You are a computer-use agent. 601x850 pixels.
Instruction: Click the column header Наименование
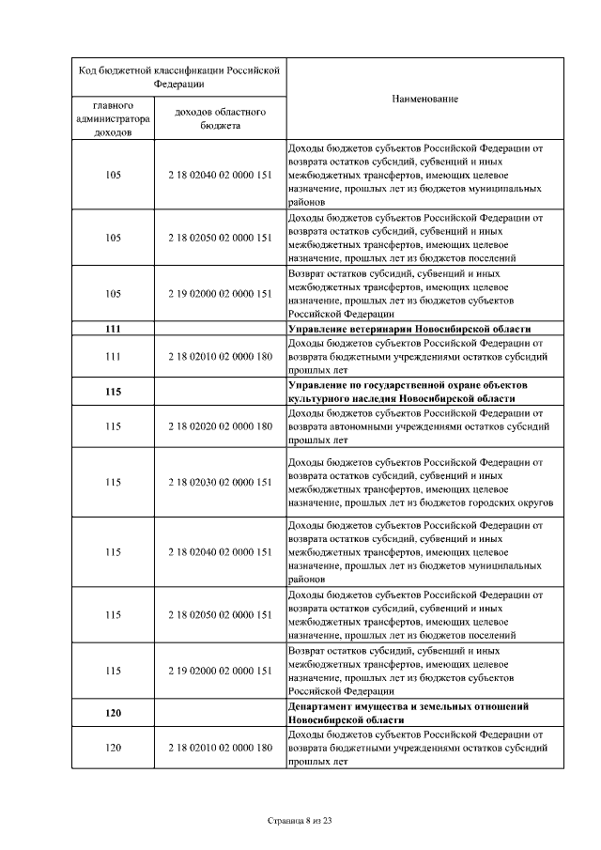point(424,99)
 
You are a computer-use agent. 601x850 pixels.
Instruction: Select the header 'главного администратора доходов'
point(113,118)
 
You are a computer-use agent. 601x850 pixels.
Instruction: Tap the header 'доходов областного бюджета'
point(220,118)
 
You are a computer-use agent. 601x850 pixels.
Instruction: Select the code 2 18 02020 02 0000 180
point(220,425)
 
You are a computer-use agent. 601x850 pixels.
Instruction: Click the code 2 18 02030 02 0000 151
point(220,482)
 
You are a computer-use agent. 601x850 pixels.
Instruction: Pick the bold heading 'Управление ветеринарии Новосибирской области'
point(409,329)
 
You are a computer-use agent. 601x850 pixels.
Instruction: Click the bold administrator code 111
point(113,329)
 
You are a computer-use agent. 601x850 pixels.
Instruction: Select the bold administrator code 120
point(113,713)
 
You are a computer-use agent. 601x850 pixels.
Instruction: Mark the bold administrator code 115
point(113,392)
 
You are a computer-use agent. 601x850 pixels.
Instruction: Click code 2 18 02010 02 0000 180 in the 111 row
point(220,356)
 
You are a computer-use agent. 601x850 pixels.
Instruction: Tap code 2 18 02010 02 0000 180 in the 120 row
point(220,747)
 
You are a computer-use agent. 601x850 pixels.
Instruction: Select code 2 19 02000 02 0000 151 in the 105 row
point(220,294)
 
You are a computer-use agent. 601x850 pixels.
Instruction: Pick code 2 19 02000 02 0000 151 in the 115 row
point(220,670)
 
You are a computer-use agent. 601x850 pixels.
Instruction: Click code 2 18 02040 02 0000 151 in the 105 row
point(220,175)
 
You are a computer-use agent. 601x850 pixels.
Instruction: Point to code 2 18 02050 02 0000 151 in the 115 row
point(220,614)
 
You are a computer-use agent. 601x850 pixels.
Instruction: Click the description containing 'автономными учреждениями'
point(417,425)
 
